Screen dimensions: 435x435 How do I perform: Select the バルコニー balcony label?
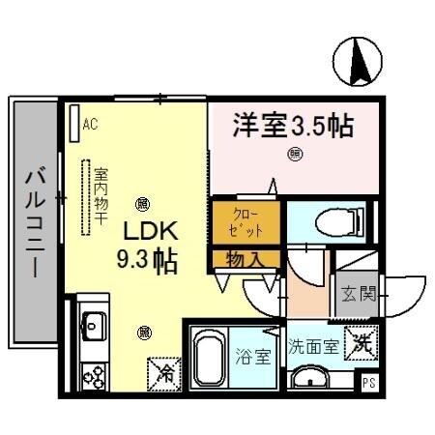click(x=34, y=220)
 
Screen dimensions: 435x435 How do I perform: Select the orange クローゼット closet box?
click(x=246, y=221)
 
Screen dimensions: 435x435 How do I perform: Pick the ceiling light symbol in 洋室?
click(x=294, y=153)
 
